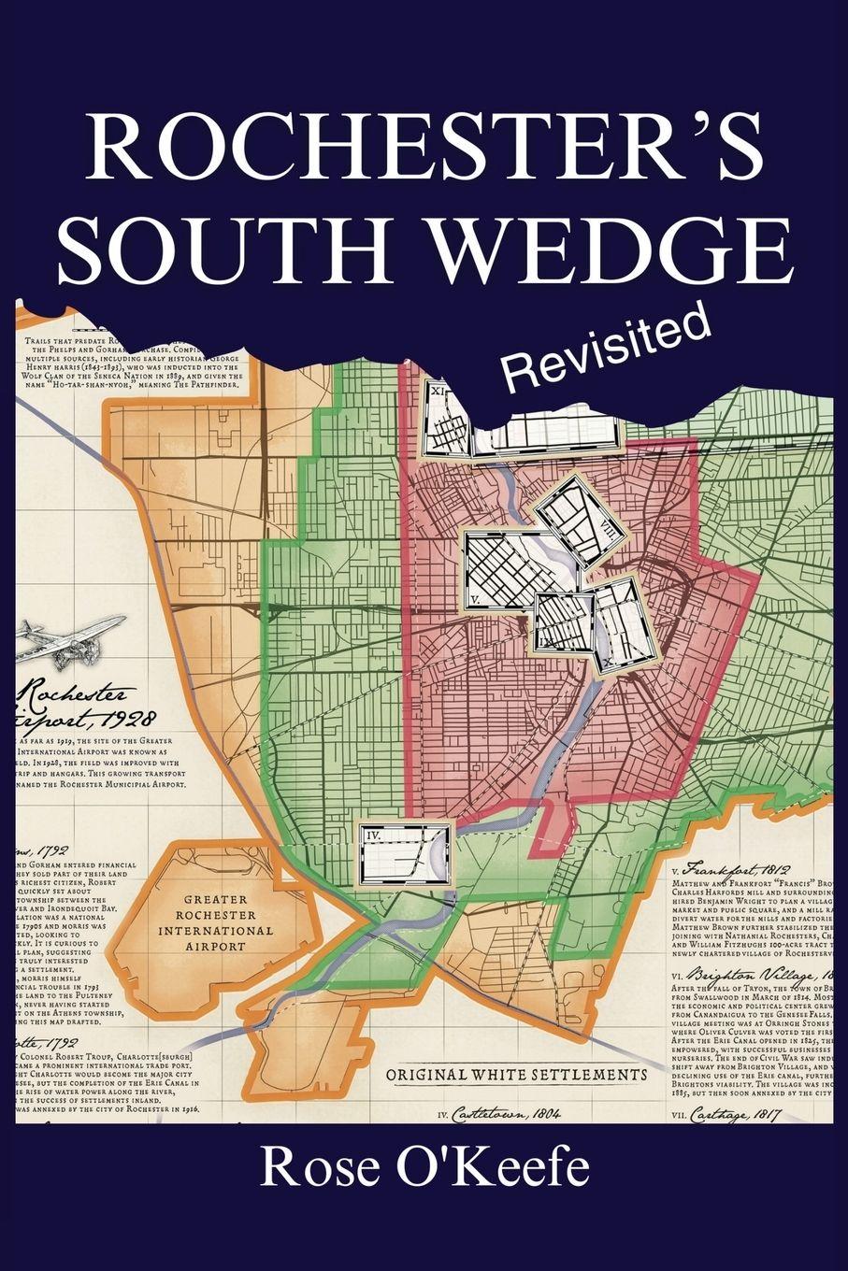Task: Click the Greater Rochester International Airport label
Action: [x=215, y=924]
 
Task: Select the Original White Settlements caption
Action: [x=516, y=1074]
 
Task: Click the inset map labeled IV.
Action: [x=405, y=854]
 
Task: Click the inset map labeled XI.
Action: [x=445, y=421]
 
